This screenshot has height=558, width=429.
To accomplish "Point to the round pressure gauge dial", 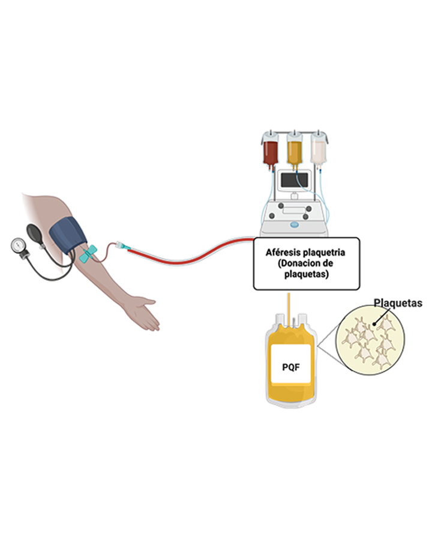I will pos(19,246).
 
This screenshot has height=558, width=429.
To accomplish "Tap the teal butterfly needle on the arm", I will pos(88,254).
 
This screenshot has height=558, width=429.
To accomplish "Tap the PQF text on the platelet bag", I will pos(290,364).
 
